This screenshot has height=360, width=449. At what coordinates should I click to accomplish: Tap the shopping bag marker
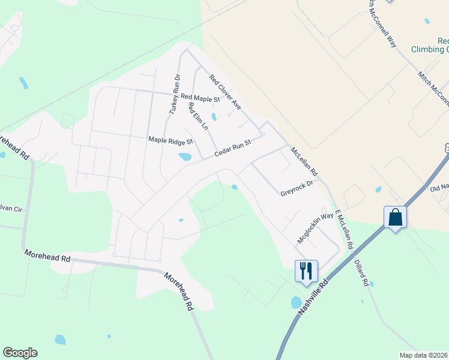click(x=396, y=217)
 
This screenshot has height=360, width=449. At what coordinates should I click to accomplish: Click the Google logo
click(x=20, y=353)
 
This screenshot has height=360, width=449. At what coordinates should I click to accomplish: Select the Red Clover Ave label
click(x=224, y=92)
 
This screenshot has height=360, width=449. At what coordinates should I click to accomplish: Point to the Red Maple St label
click(x=200, y=97)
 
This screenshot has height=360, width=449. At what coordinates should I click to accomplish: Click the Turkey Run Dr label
click(x=174, y=94)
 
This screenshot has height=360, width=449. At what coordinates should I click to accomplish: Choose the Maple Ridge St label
click(x=170, y=142)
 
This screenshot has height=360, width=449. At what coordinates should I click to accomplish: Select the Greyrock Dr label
click(x=297, y=188)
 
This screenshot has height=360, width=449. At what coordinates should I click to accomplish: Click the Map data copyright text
click(x=424, y=355)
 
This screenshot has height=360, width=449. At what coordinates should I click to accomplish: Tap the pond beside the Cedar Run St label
click(x=185, y=157)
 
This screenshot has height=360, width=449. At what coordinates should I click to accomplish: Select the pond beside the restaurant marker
click(x=296, y=302)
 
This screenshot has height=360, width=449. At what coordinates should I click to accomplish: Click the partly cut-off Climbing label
click(x=430, y=50)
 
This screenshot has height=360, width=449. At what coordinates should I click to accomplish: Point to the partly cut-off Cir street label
click(x=11, y=209)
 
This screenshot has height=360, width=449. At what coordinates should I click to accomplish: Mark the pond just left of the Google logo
click(x=60, y=340)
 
